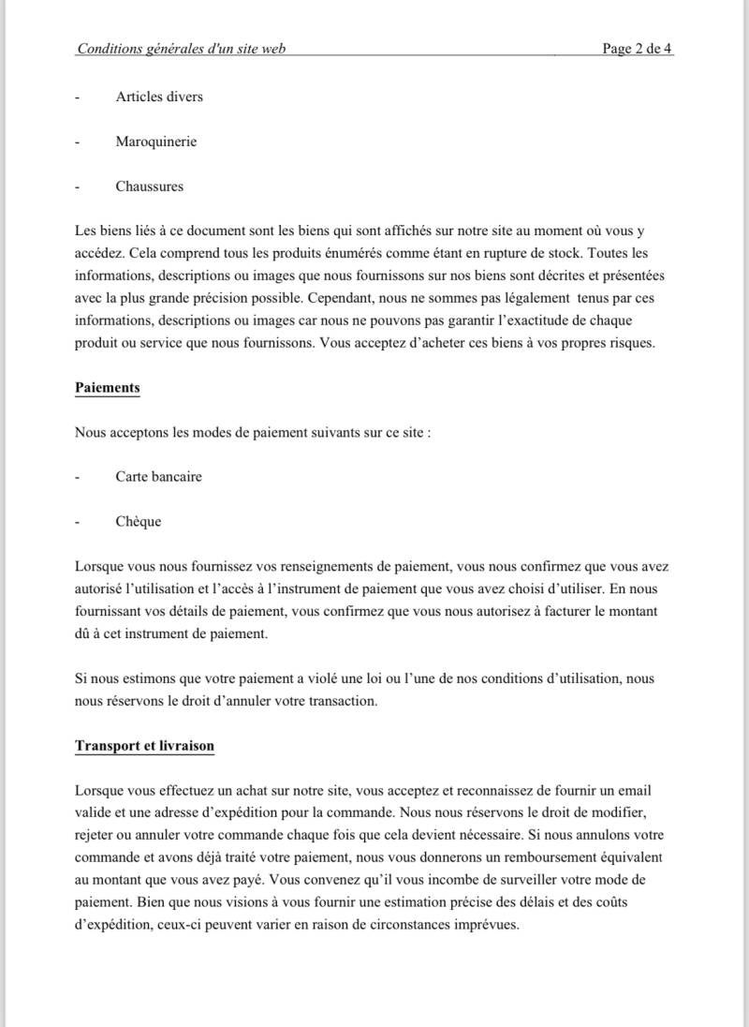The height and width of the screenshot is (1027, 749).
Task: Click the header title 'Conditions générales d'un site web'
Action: pos(181,49)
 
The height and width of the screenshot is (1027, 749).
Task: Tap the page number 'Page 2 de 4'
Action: pos(637,49)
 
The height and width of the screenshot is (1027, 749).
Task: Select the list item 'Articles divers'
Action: pos(159,97)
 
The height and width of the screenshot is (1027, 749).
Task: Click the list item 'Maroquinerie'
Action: pos(155,141)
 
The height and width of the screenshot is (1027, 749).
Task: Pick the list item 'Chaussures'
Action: pos(150,186)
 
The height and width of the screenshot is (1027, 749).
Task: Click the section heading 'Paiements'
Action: pos(107,387)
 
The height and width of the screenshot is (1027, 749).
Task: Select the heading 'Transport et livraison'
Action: pos(144,746)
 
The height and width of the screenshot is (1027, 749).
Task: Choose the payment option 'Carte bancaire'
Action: pos(158,476)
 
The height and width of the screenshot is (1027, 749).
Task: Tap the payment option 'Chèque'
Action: pos(139,521)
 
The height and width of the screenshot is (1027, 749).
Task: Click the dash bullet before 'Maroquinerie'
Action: pos(77,141)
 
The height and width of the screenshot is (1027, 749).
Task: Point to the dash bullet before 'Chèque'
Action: pos(77,521)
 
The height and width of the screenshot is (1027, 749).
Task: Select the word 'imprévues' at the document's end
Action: pos(487,925)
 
